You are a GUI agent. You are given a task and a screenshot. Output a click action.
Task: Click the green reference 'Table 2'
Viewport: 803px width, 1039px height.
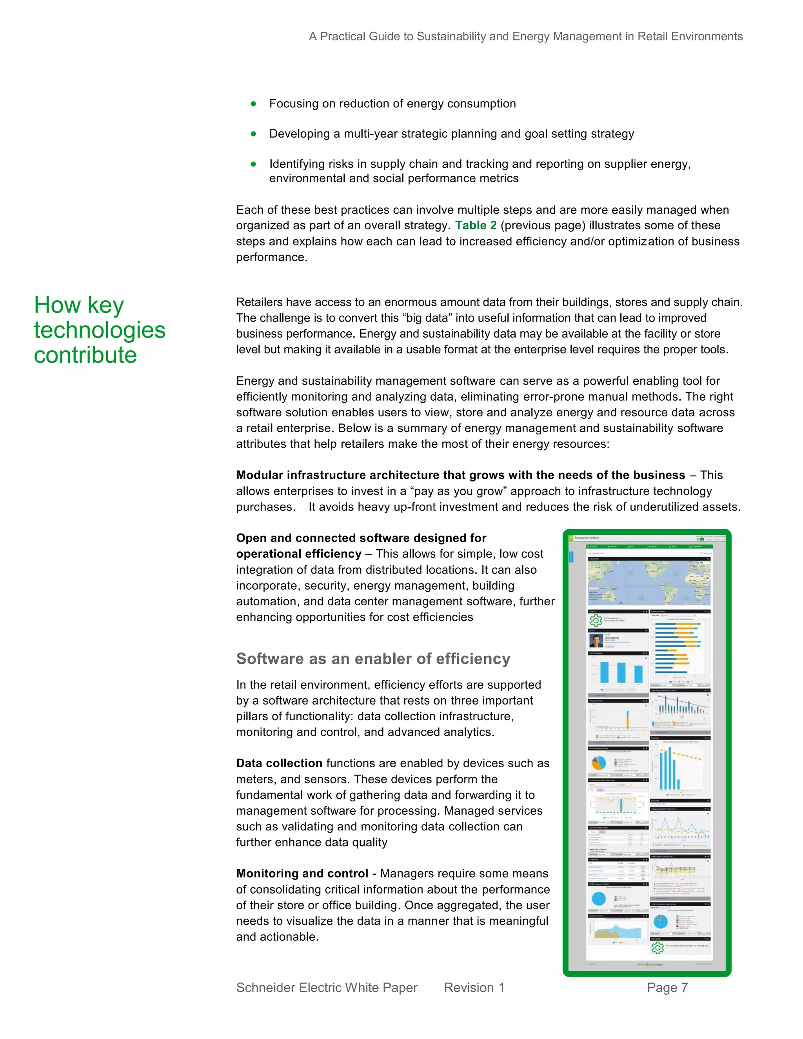(475, 225)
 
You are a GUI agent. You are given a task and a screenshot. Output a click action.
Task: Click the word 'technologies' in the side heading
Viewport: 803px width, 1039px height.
(100, 330)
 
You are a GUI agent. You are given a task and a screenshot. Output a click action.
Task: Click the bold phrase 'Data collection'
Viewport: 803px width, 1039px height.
(279, 763)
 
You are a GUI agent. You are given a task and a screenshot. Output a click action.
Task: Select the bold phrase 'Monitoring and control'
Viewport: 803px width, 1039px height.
(302, 874)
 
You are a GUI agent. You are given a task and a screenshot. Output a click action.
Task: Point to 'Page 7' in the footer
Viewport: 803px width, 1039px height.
(667, 988)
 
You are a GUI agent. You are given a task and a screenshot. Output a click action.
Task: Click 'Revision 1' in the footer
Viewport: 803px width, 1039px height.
(474, 988)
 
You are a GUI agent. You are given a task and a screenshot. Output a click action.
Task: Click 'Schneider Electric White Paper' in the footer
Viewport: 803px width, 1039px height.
(326, 988)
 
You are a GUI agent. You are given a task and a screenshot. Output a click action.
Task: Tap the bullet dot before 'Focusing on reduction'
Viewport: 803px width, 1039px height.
(254, 104)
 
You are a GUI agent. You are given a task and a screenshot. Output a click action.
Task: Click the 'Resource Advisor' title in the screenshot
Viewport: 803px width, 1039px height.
(587, 538)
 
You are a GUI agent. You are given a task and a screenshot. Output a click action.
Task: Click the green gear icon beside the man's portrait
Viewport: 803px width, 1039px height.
(596, 620)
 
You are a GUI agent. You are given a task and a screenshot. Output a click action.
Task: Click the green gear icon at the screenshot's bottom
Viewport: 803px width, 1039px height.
(658, 948)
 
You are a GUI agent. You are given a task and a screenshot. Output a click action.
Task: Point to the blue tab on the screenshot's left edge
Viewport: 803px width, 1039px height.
(571, 557)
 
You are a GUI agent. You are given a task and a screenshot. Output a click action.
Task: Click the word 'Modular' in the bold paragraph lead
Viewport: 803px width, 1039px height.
(259, 475)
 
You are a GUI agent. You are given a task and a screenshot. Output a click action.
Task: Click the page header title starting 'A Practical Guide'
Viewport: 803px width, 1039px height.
(525, 36)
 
